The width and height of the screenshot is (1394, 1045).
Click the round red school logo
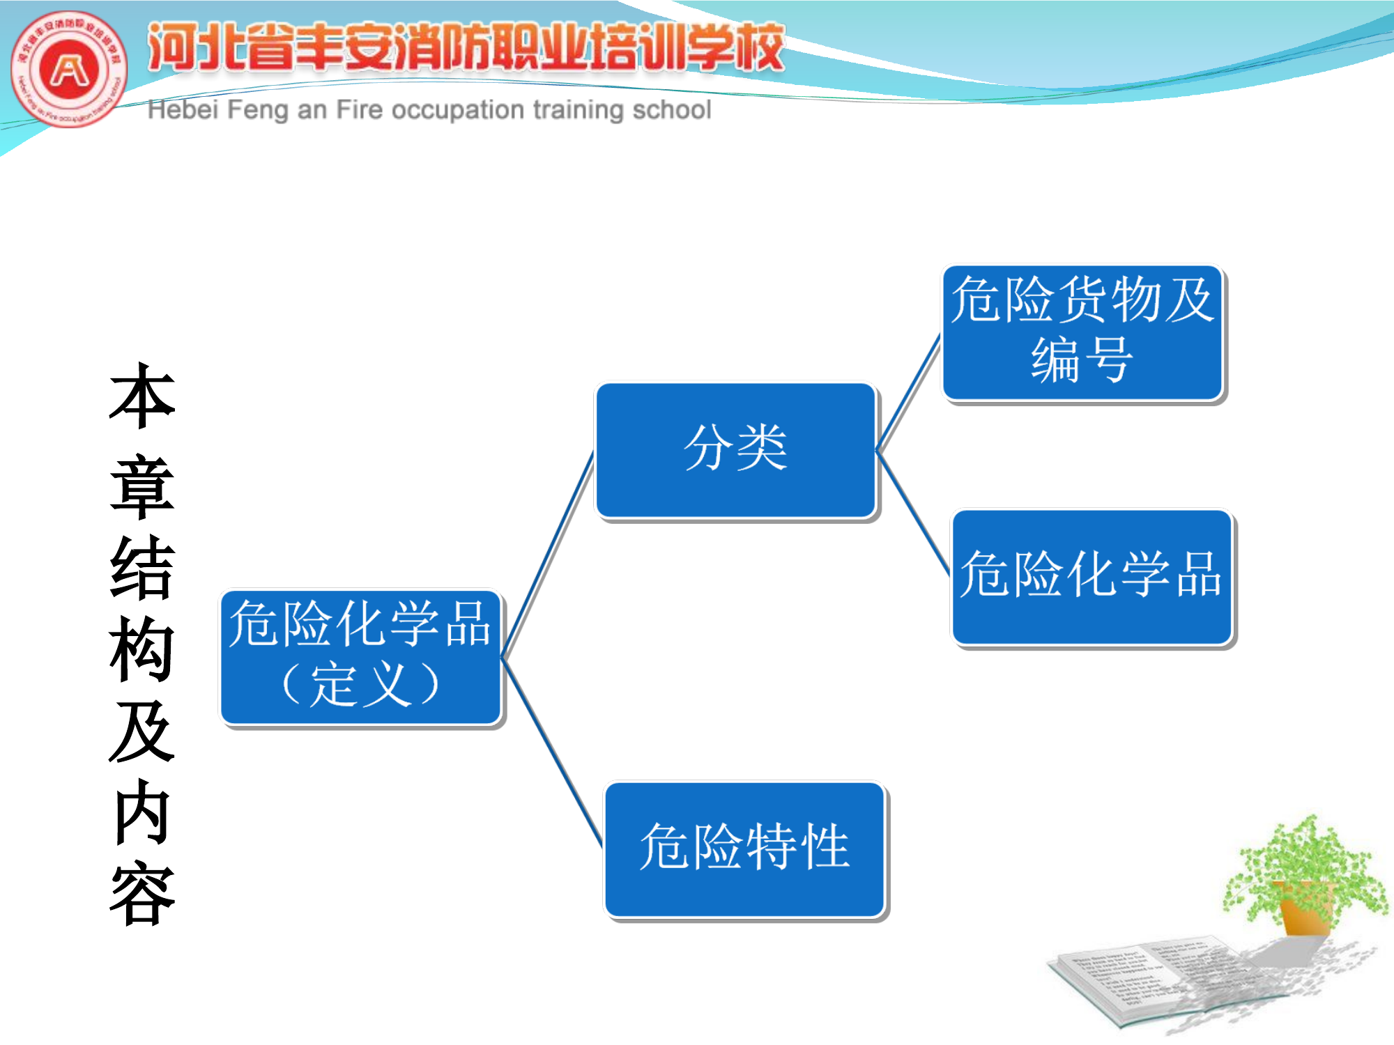pos(69,69)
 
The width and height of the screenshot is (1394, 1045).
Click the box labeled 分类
pos(736,450)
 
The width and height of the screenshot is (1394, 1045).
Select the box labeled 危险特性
pos(744,849)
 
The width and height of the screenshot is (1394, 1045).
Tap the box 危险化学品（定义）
pos(360,657)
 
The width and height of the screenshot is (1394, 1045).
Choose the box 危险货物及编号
pos(1082,332)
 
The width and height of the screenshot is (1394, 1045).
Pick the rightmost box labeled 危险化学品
pos(1092,577)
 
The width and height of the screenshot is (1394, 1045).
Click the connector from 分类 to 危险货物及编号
pos(909,394)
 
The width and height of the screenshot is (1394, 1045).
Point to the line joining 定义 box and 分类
pos(548,555)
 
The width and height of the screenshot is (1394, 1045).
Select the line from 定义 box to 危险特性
pos(552,752)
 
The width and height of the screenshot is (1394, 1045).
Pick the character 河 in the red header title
pos(171,47)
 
